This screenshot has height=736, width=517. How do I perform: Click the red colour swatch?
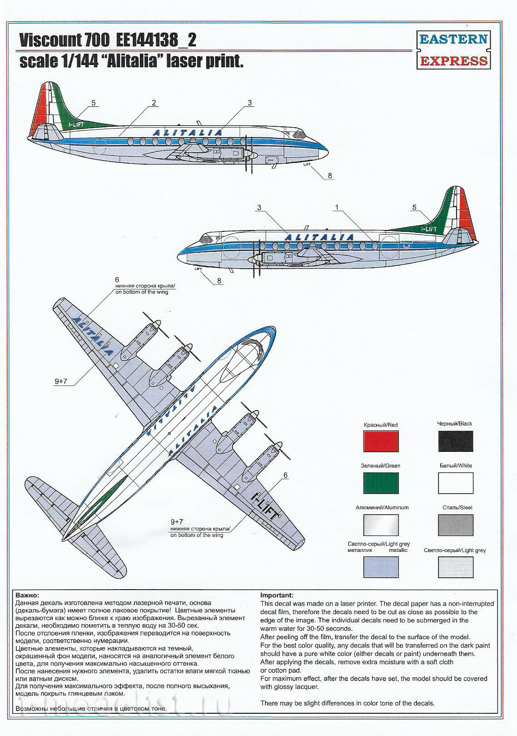click(x=381, y=441)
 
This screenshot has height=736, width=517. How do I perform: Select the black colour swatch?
click(x=456, y=441)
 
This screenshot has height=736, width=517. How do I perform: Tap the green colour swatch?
click(x=381, y=483)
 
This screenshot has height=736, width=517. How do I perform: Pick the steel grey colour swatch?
click(x=456, y=525)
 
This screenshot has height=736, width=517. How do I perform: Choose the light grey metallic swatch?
click(x=381, y=567)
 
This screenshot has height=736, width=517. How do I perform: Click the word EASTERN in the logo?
click(x=454, y=39)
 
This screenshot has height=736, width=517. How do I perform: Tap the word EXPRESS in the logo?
click(x=454, y=61)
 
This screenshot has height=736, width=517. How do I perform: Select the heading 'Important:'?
click(x=277, y=595)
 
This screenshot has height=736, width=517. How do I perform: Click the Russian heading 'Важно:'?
click(x=27, y=595)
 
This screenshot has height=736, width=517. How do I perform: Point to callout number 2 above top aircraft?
click(x=154, y=103)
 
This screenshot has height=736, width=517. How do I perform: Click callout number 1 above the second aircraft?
click(x=337, y=207)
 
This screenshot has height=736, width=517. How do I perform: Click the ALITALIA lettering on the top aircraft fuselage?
click(x=188, y=133)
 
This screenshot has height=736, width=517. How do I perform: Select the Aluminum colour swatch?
click(x=381, y=525)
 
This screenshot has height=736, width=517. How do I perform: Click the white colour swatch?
click(x=456, y=483)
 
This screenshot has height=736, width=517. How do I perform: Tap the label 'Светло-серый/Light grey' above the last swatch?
click(x=455, y=550)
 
